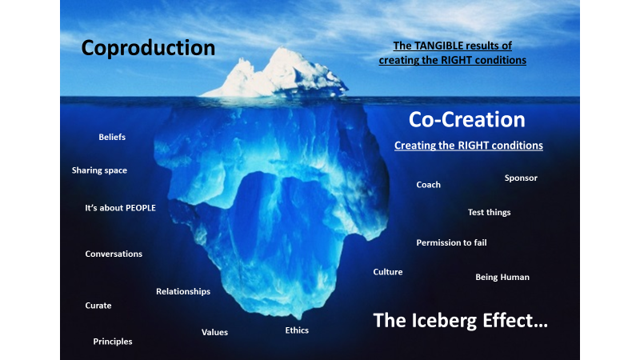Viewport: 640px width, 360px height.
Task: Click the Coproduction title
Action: pyautogui.click(x=148, y=48)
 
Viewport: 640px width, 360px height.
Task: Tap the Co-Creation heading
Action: pyautogui.click(x=467, y=119)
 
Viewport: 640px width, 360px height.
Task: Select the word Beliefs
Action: pyautogui.click(x=112, y=137)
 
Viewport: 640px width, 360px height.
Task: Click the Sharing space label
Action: pyautogui.click(x=99, y=170)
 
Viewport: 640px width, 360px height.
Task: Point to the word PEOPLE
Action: pyautogui.click(x=141, y=208)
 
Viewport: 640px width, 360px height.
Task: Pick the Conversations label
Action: pyautogui.click(x=114, y=254)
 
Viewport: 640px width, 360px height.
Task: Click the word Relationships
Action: pyautogui.click(x=183, y=291)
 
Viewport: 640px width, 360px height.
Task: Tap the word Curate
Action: pyautogui.click(x=98, y=306)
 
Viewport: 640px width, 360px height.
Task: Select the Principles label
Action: pyautogui.click(x=113, y=342)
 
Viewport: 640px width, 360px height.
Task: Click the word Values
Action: pyautogui.click(x=214, y=332)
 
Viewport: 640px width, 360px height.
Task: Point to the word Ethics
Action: pyautogui.click(x=297, y=330)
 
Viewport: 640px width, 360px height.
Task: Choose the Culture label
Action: pyautogui.click(x=388, y=272)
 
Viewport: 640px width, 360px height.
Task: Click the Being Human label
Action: pyautogui.click(x=502, y=277)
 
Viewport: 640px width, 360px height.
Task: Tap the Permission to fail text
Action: pyautogui.click(x=451, y=243)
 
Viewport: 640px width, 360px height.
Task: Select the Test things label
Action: pyautogui.click(x=489, y=212)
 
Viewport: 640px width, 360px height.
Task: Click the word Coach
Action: pyautogui.click(x=428, y=185)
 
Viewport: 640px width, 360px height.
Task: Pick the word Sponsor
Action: pyautogui.click(x=521, y=178)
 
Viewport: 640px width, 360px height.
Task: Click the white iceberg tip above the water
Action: pyautogui.click(x=278, y=74)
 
